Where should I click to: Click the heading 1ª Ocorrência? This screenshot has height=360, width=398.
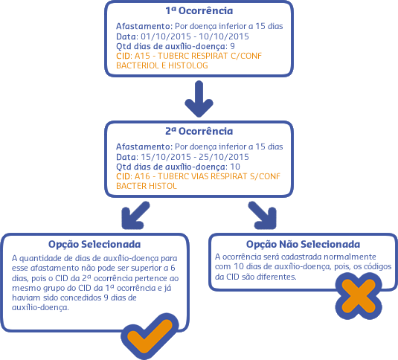(199, 10)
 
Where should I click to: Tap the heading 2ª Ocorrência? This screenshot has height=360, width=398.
(199, 131)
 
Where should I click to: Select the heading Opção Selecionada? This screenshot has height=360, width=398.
(94, 244)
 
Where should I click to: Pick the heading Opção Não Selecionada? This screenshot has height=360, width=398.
(303, 244)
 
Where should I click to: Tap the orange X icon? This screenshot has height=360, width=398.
(359, 296)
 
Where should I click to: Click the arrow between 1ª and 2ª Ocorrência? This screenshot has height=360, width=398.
(199, 99)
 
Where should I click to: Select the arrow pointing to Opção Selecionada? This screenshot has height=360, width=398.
(135, 215)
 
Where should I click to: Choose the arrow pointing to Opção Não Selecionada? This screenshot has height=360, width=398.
(263, 215)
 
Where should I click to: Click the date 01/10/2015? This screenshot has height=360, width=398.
(166, 36)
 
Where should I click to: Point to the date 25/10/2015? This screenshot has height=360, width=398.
(224, 157)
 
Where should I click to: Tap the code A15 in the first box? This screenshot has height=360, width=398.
(142, 56)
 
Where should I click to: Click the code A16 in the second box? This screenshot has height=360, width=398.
(142, 176)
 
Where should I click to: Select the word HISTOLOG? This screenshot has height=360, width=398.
(188, 65)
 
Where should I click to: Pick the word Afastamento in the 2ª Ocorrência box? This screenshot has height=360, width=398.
(144, 147)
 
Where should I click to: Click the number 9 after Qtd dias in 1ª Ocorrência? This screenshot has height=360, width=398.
(232, 46)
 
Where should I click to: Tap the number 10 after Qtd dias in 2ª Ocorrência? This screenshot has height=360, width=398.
(235, 167)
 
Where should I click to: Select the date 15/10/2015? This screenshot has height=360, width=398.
(166, 157)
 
